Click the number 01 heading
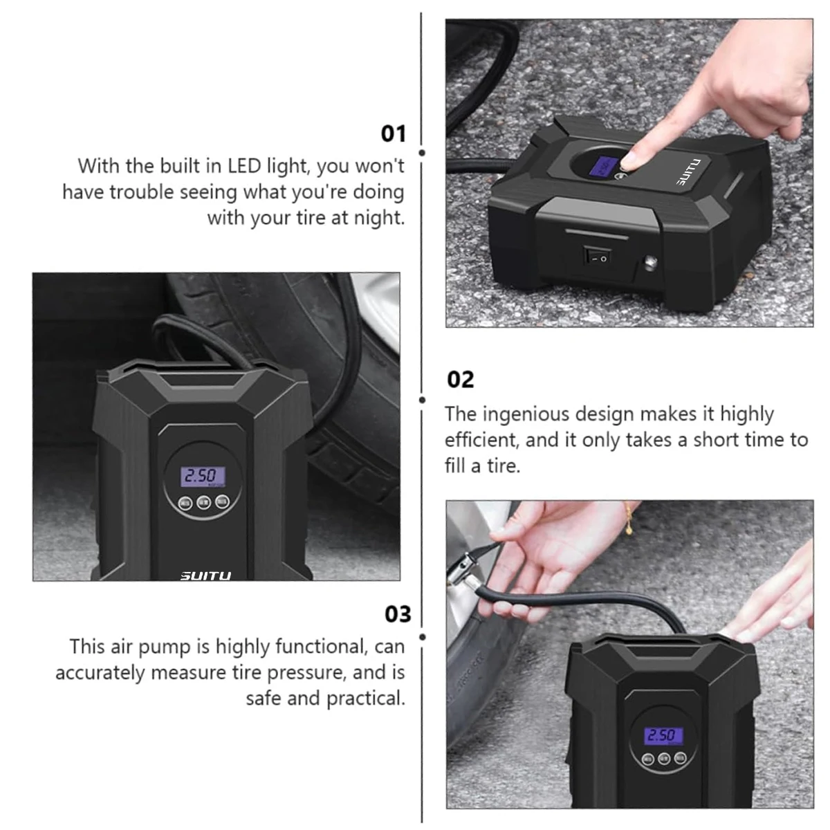[394, 133]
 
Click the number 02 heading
[461, 379]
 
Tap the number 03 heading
[398, 614]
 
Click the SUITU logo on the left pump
[205, 575]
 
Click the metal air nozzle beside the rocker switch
[651, 264]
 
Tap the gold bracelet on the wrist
[629, 518]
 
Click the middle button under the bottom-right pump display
[665, 757]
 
